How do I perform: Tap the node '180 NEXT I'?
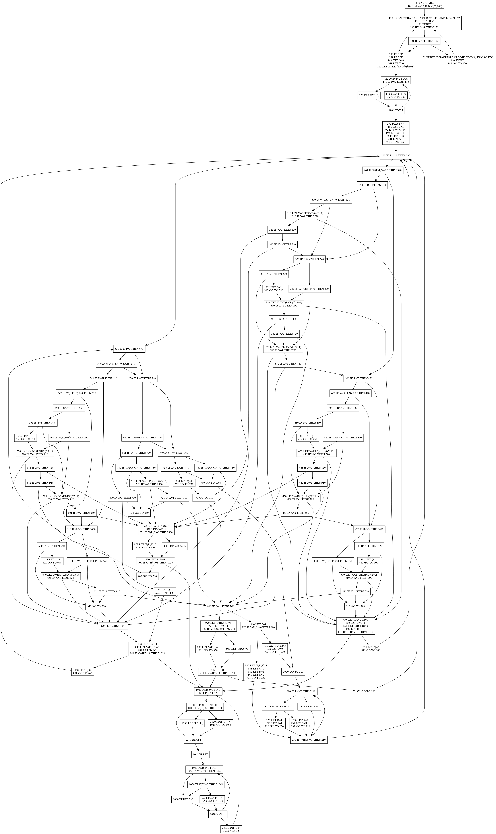click(396, 110)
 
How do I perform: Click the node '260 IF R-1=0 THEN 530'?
click(396, 156)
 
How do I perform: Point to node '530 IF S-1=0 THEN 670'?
click(129, 349)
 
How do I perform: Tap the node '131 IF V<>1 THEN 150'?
click(424, 41)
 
